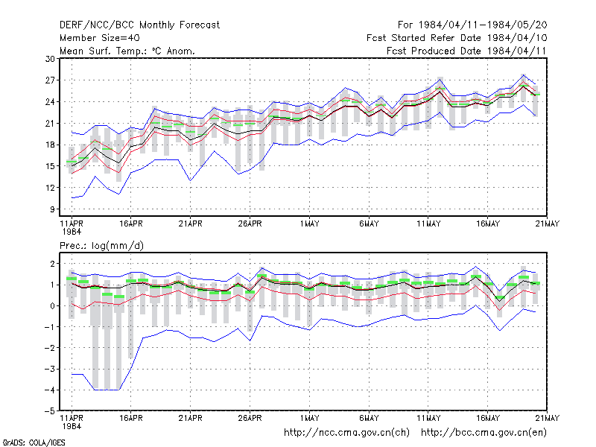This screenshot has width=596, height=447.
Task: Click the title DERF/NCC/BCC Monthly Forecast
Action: coord(139,25)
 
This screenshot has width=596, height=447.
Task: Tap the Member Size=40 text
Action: coord(100,38)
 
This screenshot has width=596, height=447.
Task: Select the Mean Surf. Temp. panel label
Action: coord(127,51)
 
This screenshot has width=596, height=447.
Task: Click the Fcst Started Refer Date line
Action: coord(457,38)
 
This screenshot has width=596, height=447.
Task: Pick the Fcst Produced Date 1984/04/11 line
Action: coord(466,51)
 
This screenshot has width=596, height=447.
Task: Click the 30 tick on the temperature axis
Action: coord(50,59)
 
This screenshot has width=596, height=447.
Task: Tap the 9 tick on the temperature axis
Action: coord(52,209)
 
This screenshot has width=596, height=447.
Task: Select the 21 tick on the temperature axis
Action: coord(50,123)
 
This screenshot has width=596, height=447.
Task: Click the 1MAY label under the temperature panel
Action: coord(309,224)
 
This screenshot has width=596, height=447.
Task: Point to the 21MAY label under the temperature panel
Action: coord(548,224)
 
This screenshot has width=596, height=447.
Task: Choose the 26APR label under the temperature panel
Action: coord(250,224)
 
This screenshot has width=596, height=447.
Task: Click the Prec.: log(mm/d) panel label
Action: coord(101,246)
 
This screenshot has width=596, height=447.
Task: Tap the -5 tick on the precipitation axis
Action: coord(49,411)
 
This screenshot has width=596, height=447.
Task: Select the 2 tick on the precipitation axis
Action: coord(52,264)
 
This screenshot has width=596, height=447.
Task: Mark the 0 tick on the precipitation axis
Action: coord(52,305)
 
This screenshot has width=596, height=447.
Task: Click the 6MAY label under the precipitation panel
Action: coord(369,418)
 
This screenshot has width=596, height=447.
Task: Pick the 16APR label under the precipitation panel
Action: coord(131,418)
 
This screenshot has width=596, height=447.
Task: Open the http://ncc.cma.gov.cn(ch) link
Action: coord(346,433)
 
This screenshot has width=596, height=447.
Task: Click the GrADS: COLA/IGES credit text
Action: coord(34,443)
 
